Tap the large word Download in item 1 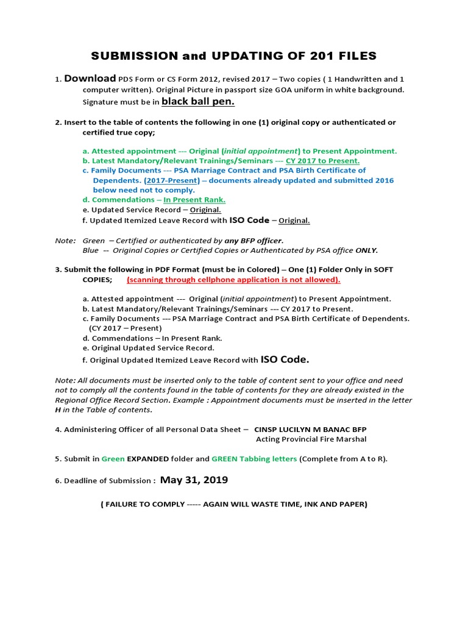[90, 79]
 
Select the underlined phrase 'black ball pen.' [198, 101]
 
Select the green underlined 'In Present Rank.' [194, 200]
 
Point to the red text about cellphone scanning [233, 280]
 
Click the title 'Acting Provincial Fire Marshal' [311, 439]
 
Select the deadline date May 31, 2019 [194, 480]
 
